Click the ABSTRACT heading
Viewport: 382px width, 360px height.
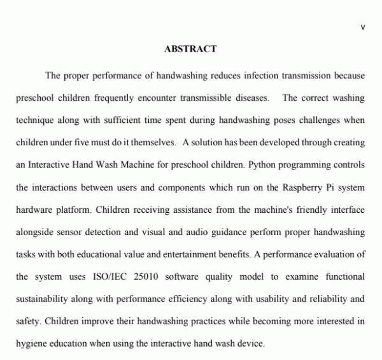(190, 49)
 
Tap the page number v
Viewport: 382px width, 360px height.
(362, 27)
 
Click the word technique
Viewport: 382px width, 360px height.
(36, 120)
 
